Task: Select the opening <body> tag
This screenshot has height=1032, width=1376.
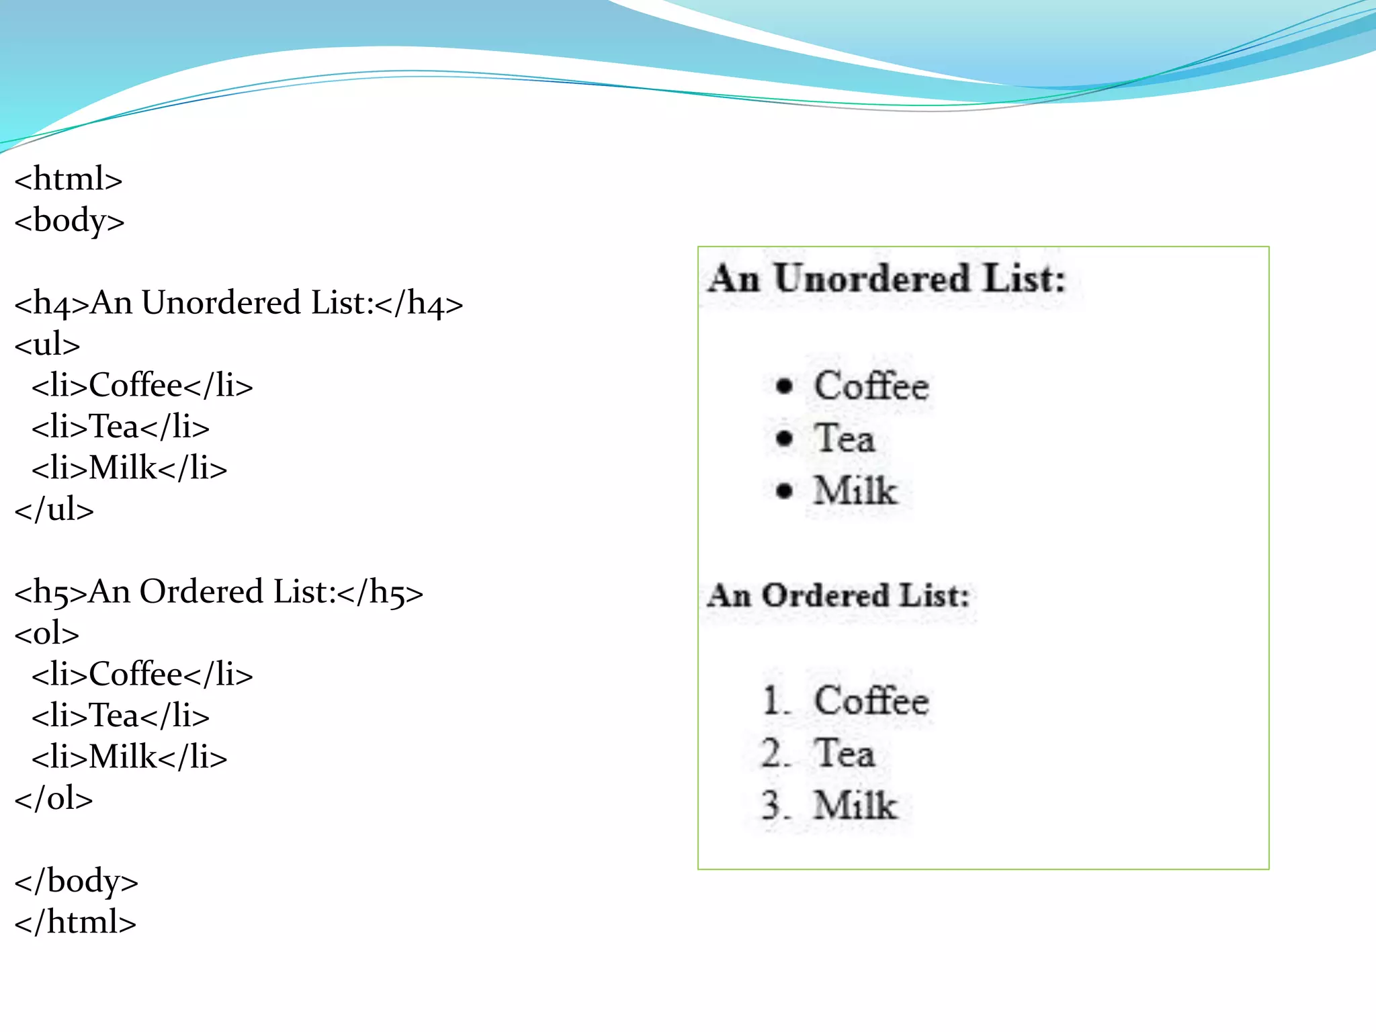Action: click(x=69, y=221)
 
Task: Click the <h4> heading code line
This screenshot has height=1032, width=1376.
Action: click(x=239, y=304)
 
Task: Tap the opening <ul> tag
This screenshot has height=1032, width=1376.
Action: click(x=47, y=345)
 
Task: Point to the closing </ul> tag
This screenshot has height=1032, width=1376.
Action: click(x=54, y=510)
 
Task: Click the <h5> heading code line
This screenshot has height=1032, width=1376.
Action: click(x=218, y=593)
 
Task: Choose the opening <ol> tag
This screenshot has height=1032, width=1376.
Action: click(x=47, y=634)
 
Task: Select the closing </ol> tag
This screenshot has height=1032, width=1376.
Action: click(x=54, y=799)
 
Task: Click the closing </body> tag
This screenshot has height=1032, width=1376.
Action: click(x=76, y=881)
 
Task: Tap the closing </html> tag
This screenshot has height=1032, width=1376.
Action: click(x=75, y=922)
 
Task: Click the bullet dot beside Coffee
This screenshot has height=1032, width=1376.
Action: click(x=784, y=386)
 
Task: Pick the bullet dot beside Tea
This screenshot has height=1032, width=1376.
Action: click(x=784, y=439)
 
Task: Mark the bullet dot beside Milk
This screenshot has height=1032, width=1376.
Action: click(x=784, y=490)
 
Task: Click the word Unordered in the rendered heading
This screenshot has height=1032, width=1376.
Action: click(x=872, y=278)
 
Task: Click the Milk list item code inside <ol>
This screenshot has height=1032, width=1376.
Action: click(x=129, y=757)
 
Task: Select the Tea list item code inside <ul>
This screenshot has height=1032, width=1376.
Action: click(x=120, y=427)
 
